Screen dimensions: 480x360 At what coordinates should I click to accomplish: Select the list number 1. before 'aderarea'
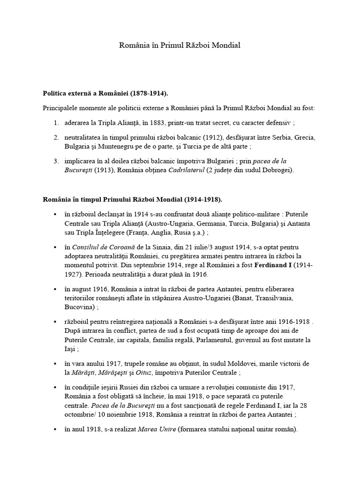pyautogui.click(x=55, y=123)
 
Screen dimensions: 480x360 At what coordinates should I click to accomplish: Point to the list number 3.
pyautogui.click(x=55, y=161)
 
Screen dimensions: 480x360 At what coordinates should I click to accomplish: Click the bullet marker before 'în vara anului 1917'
pyautogui.click(x=55, y=364)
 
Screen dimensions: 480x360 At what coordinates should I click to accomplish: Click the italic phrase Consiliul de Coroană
pyautogui.click(x=96, y=247)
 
